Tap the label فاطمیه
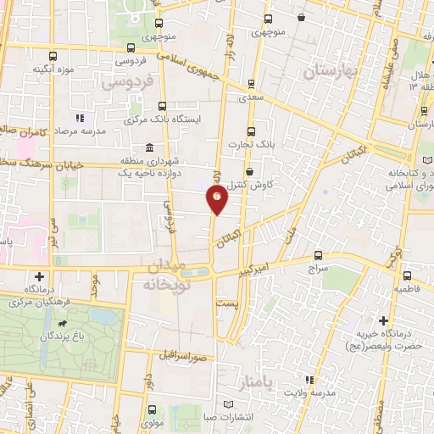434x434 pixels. coord(408,288)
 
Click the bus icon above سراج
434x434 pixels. coord(318,254)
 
